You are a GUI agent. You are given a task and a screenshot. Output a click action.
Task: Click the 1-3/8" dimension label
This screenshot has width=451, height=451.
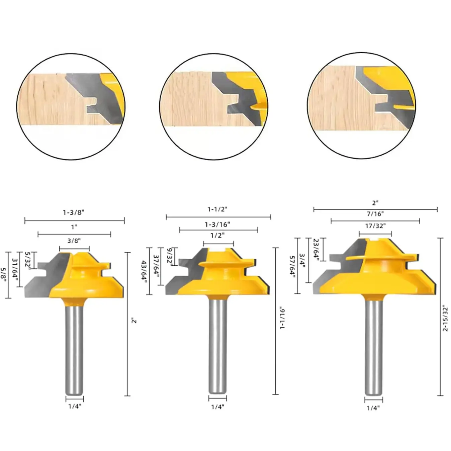pos(74,212)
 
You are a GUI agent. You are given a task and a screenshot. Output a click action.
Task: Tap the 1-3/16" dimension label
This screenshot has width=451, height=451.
pos(217,224)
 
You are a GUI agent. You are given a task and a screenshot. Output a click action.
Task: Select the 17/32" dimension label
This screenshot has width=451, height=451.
pos(375,226)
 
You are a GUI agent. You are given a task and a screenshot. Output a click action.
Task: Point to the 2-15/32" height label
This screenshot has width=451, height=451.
pos(445,318)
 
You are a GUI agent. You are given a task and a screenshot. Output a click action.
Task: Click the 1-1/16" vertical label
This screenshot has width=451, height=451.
pos(282,318)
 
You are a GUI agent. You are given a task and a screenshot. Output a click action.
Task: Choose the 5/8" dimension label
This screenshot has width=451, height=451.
pos(4,274)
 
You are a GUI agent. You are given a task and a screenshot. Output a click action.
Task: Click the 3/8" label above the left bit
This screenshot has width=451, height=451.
pos(74,241)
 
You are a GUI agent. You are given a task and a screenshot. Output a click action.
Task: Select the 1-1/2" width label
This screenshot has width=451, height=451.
pos(217,209)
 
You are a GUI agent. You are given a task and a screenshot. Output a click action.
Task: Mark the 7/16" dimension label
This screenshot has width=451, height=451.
pos(375,214)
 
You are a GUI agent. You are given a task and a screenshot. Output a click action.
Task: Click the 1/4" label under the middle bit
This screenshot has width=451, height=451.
pos(217,407)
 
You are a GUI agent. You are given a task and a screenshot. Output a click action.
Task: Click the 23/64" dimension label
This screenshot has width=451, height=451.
pos(316,248)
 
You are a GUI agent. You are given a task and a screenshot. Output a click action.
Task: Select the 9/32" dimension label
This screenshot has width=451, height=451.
pos(170,256)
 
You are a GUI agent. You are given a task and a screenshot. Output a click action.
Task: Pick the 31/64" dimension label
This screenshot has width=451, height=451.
pos(15,269)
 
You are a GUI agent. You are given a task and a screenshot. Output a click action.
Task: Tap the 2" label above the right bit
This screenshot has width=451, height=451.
pos(375,203)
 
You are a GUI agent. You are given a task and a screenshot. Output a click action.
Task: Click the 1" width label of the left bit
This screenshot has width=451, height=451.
pos(74,227)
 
